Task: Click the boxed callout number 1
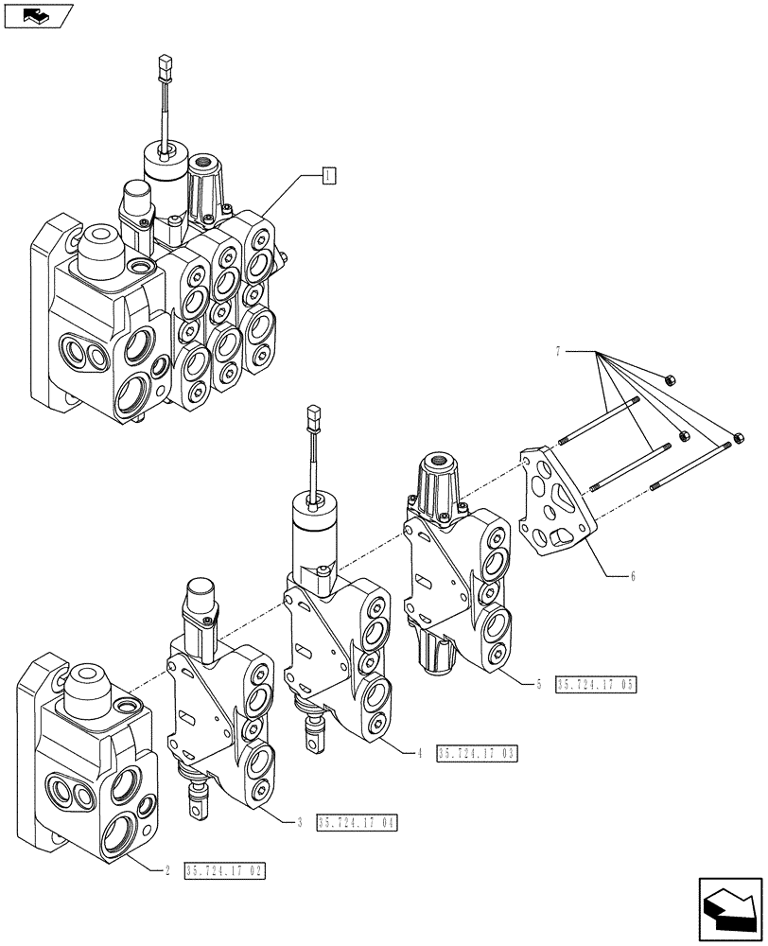(327, 175)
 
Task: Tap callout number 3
(299, 823)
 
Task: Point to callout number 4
(417, 753)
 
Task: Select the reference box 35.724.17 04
(358, 823)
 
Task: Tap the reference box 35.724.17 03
(477, 754)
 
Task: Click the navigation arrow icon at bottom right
(728, 907)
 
